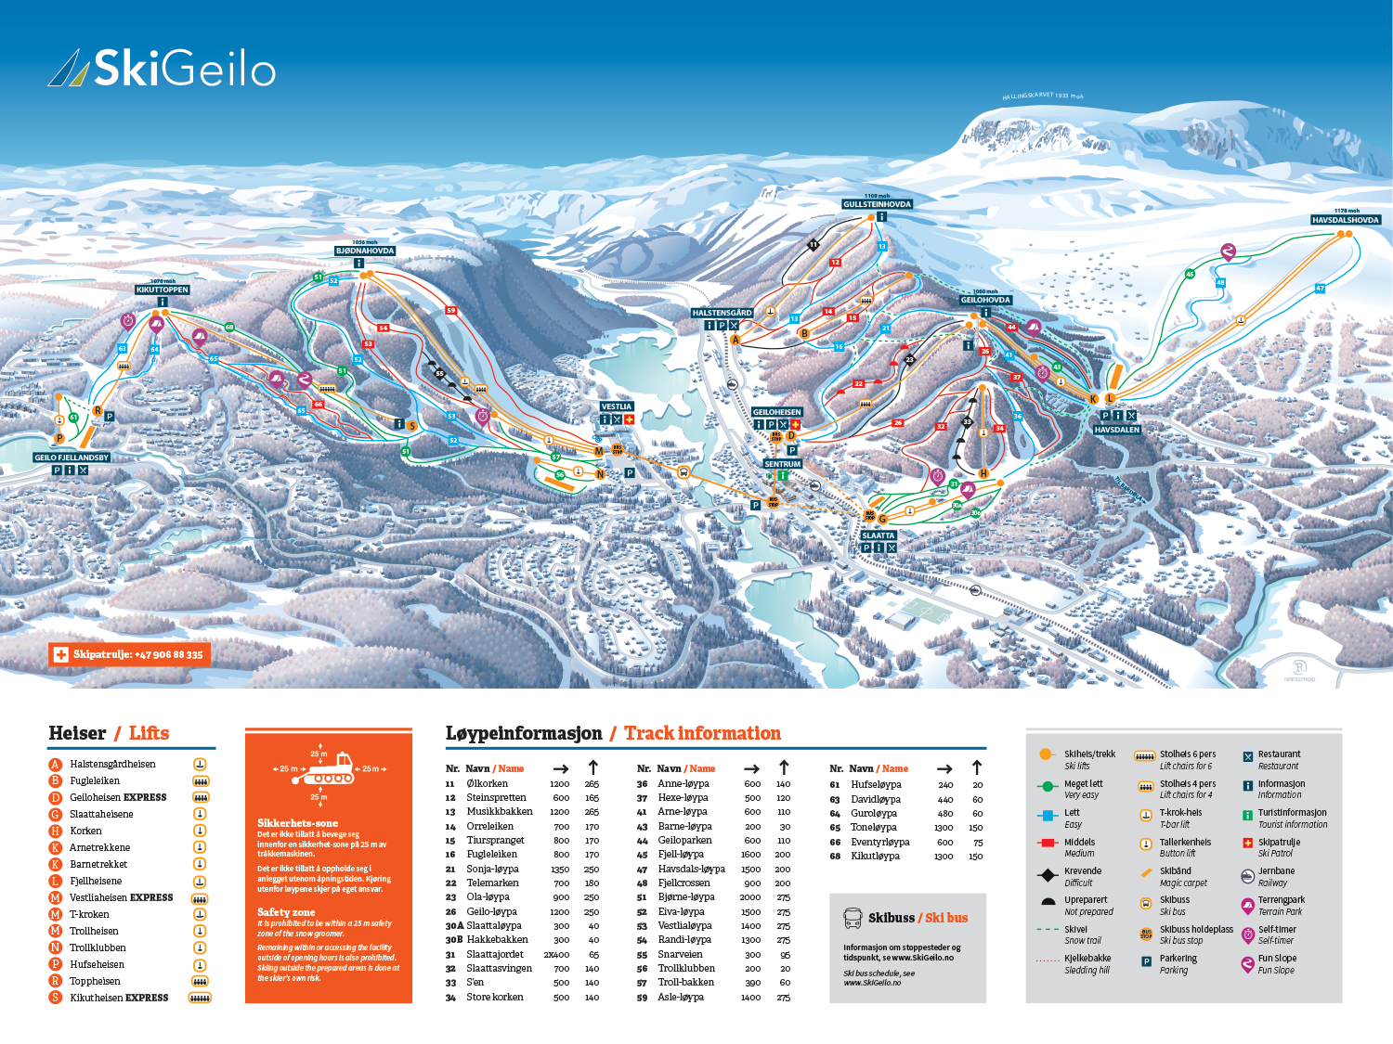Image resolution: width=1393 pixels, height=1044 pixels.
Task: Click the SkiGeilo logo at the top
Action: [x=163, y=69]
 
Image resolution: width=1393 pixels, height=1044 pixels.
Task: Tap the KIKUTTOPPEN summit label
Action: [x=163, y=290]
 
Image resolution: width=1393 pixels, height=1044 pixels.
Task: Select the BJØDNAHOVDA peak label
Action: [x=365, y=251]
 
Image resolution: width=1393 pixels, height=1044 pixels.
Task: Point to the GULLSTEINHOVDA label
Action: [x=877, y=204]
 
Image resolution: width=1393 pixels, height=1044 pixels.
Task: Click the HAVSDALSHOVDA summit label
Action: [x=1346, y=220]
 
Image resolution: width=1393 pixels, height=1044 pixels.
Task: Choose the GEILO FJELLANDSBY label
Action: [x=72, y=458]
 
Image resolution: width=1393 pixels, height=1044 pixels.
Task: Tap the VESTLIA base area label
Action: [x=616, y=406]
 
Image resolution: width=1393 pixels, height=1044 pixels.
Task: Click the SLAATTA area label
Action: [x=878, y=535]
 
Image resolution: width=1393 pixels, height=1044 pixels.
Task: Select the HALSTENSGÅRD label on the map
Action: [x=722, y=313]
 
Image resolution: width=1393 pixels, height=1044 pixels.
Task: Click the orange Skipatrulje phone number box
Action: [x=130, y=654]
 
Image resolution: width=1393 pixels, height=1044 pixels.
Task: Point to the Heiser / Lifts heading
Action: [x=109, y=733]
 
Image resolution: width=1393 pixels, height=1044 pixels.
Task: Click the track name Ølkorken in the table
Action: [x=487, y=783]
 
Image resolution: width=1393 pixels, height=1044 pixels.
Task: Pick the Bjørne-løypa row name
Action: [x=686, y=897]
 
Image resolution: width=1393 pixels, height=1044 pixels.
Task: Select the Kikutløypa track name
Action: [x=875, y=856]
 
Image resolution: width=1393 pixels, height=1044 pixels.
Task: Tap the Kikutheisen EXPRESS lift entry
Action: [x=119, y=998]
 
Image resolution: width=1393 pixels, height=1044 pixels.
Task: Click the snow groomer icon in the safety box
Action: [x=331, y=768]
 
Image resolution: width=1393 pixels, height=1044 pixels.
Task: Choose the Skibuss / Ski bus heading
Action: [x=918, y=918]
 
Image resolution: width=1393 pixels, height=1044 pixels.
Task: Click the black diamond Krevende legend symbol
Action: [x=1048, y=875]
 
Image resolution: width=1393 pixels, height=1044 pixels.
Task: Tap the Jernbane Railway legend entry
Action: [x=1275, y=876]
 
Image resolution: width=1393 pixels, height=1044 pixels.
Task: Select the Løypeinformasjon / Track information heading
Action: [x=613, y=733]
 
